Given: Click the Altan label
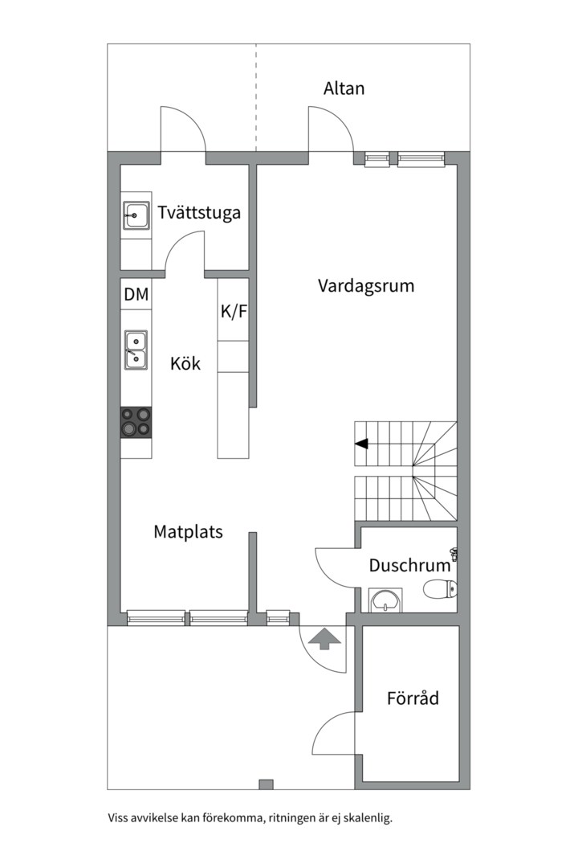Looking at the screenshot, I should [x=344, y=88].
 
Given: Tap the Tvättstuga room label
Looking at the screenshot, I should [x=199, y=213].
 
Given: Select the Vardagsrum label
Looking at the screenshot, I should [x=366, y=285].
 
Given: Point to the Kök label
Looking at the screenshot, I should [x=185, y=363].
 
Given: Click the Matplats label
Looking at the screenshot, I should [x=188, y=531].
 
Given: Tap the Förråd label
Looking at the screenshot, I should [x=413, y=698].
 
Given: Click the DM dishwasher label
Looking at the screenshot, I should [x=136, y=295].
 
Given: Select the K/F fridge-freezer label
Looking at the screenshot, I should [x=234, y=311].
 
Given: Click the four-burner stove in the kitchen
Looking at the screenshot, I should [x=136, y=422].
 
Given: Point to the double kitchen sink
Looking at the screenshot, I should [x=136, y=350].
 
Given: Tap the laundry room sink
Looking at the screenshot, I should [x=136, y=215].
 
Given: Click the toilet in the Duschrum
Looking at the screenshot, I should [x=440, y=589].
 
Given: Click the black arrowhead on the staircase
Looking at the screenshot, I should [x=361, y=443].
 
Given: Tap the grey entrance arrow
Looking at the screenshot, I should [x=324, y=639].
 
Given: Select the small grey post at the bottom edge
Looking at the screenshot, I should [x=266, y=784].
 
